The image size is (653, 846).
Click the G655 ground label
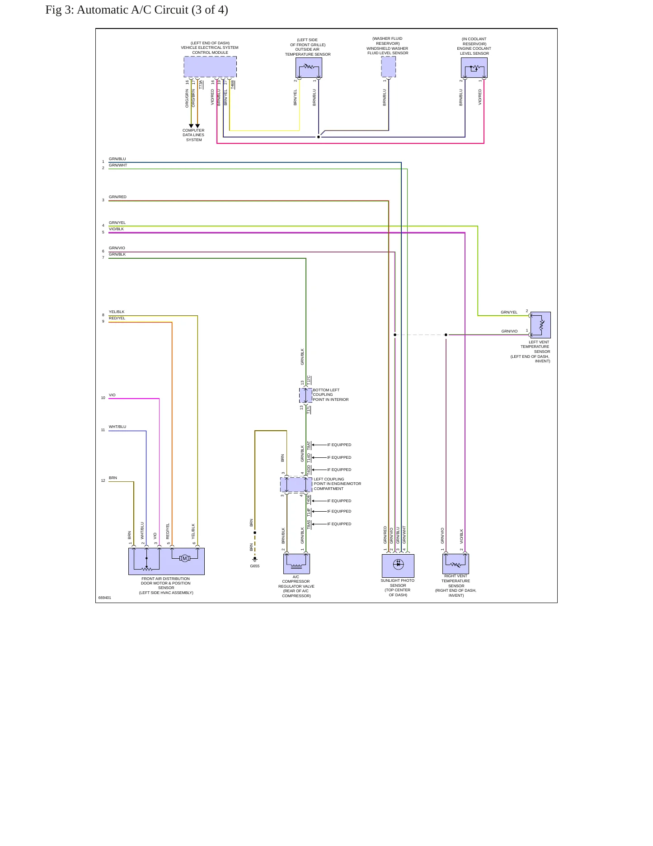coord(255,566)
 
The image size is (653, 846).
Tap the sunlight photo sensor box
coord(398,566)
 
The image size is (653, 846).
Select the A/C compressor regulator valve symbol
coord(296,564)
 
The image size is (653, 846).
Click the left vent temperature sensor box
coord(540,325)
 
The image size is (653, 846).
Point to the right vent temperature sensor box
coord(456,564)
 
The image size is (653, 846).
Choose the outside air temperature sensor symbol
coord(309,68)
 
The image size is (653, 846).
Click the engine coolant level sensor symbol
coord(474,68)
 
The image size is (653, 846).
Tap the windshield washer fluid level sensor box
coord(388,67)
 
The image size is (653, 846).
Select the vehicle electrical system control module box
coord(210,67)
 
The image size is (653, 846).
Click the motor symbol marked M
coord(184,558)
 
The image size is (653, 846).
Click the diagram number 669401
coord(105,598)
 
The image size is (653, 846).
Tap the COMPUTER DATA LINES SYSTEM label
coord(193,135)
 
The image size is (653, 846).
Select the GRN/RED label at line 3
coord(117,197)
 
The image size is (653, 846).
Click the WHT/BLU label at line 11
coord(117,427)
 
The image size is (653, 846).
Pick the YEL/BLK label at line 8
coord(117,312)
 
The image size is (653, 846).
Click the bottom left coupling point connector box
coord(305,395)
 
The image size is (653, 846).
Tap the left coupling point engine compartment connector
coord(296,485)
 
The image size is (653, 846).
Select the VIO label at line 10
coord(112,395)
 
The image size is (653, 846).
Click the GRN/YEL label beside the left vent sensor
coord(509,312)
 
